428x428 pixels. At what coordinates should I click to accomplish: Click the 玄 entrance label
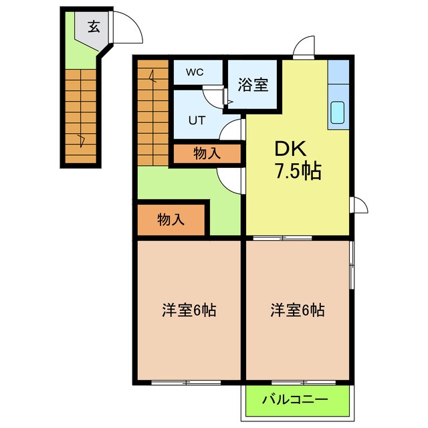coord(94,27)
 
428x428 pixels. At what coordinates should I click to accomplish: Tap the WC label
coord(195,72)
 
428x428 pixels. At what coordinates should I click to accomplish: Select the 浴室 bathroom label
coord(253,85)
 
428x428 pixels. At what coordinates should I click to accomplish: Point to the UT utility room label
coord(195,120)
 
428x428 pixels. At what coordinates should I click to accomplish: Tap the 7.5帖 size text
coord(298,172)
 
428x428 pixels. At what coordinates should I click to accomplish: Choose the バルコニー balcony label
coord(295,401)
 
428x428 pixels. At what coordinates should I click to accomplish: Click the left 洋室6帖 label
coord(189,310)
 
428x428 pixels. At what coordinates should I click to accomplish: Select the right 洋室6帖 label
coord(298,310)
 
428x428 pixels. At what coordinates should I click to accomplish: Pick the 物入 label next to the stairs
coord(207,153)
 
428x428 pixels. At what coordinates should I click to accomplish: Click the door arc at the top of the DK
coord(304,47)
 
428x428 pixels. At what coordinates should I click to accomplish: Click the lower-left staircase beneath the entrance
coord(81,114)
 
